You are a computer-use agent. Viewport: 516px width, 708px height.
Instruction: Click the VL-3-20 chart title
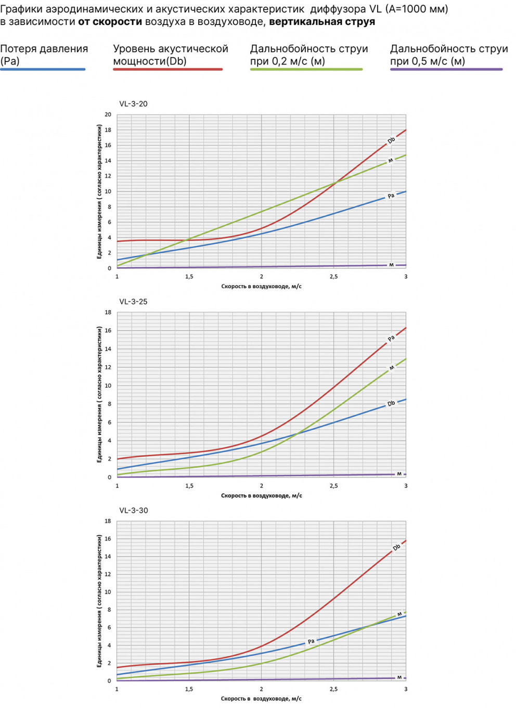pos(133,104)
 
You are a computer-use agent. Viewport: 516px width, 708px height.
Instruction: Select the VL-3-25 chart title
pos(133,302)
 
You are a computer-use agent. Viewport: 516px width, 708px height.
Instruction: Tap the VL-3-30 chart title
pos(133,510)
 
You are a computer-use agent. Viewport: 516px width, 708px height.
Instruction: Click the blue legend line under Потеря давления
pos(43,69)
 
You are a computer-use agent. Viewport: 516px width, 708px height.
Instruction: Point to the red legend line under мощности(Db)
pos(167,69)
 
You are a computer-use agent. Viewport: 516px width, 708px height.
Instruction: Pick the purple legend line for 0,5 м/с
pos(446,69)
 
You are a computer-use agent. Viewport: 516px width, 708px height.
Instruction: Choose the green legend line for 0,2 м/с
pos(306,69)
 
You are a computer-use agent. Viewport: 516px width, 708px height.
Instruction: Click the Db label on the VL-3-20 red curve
pos(391,140)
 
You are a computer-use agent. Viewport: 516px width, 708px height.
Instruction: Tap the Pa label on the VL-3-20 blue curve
pos(391,196)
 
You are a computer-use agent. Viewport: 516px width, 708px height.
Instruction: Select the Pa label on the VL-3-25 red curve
pos(391,339)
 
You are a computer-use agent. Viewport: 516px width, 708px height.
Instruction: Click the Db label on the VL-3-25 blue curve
pos(391,404)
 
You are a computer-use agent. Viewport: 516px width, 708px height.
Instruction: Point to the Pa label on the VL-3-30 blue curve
pos(311,641)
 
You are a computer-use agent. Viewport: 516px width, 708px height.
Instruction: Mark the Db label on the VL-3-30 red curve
pos(396,548)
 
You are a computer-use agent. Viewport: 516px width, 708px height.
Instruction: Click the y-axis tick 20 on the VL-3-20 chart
pos(108,114)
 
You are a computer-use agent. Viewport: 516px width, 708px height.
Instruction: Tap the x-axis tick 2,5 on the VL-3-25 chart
pos(333,486)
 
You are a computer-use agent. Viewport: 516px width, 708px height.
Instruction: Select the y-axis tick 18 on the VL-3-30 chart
pos(108,521)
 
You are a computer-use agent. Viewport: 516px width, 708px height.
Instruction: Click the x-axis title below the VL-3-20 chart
pos(261,286)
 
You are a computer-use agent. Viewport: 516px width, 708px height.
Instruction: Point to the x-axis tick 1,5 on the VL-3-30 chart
pos(189,689)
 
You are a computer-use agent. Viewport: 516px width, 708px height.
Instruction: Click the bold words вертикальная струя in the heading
pos(322,22)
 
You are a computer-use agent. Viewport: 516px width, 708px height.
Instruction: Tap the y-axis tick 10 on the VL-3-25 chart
pos(108,385)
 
